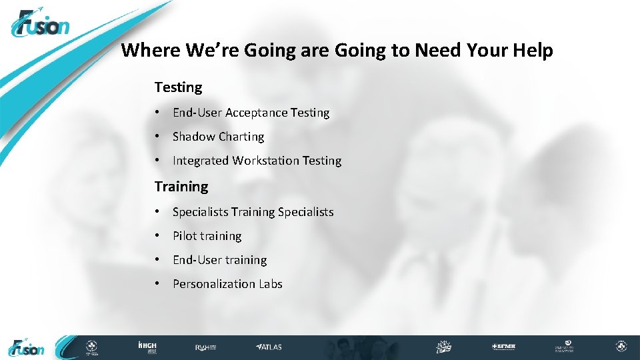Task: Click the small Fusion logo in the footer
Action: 27,347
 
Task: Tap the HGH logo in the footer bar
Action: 147,347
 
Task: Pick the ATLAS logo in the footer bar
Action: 269,347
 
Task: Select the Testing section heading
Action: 178,87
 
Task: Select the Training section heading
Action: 181,187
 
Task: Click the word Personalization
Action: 215,284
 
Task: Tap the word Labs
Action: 271,284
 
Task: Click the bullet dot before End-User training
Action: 155,260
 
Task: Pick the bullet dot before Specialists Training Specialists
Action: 155,212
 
